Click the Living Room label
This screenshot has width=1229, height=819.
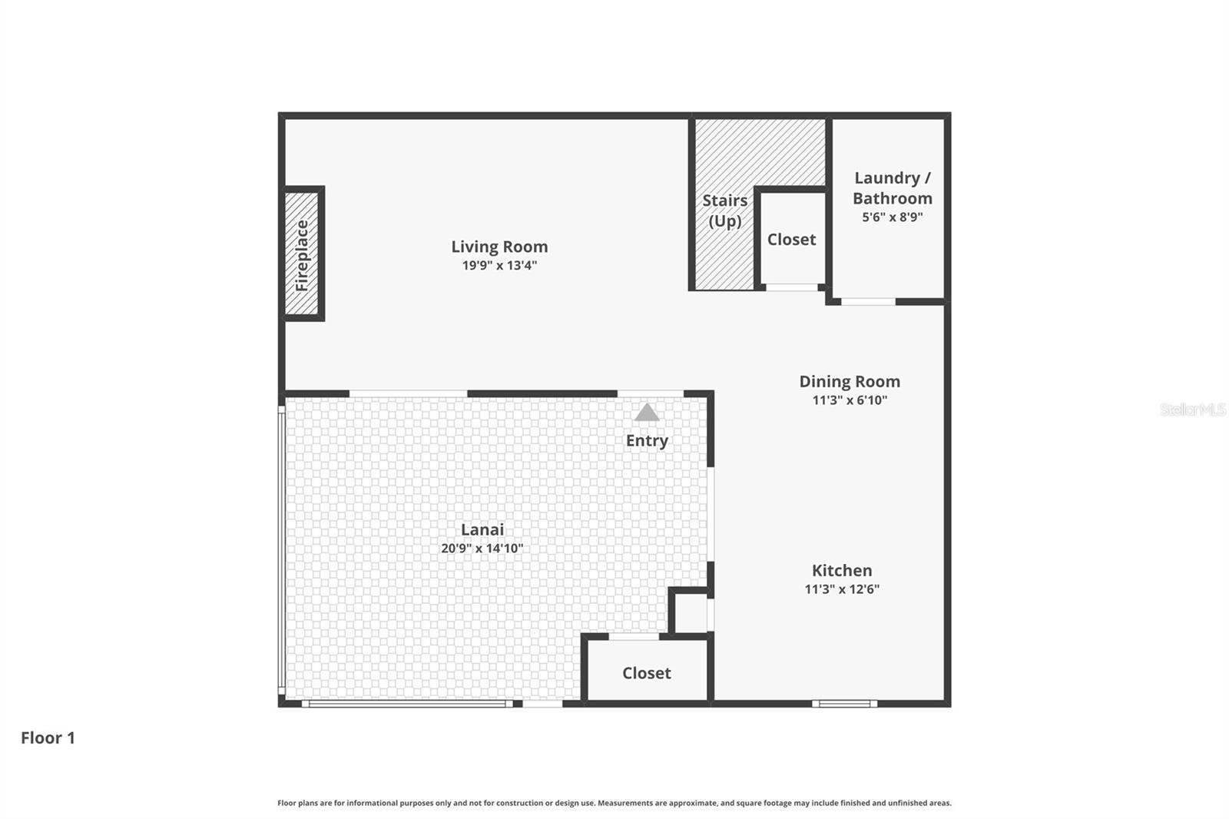[499, 247]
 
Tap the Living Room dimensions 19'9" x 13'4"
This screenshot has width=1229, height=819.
[499, 266]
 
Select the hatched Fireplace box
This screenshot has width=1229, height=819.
[302, 254]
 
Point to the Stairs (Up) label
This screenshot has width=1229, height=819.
[724, 211]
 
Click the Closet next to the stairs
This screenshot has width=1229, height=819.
[791, 240]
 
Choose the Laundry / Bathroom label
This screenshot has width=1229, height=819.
[892, 188]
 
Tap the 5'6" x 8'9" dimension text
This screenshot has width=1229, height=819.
[892, 217]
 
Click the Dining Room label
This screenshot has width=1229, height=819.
[850, 382]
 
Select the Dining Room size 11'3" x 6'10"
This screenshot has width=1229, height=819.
[850, 400]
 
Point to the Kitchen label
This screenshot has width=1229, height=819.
[842, 571]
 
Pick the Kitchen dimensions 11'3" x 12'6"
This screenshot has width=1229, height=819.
[842, 589]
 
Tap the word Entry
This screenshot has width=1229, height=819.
[647, 441]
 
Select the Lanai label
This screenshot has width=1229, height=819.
[482, 529]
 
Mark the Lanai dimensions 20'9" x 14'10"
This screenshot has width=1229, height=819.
[482, 549]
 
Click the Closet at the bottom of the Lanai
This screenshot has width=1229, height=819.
[646, 673]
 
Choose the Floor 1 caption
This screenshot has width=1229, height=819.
[48, 738]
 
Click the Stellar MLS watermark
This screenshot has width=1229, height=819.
[1192, 409]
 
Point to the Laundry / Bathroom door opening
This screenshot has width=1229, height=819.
[868, 302]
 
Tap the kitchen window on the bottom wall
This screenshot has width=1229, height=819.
[844, 703]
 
